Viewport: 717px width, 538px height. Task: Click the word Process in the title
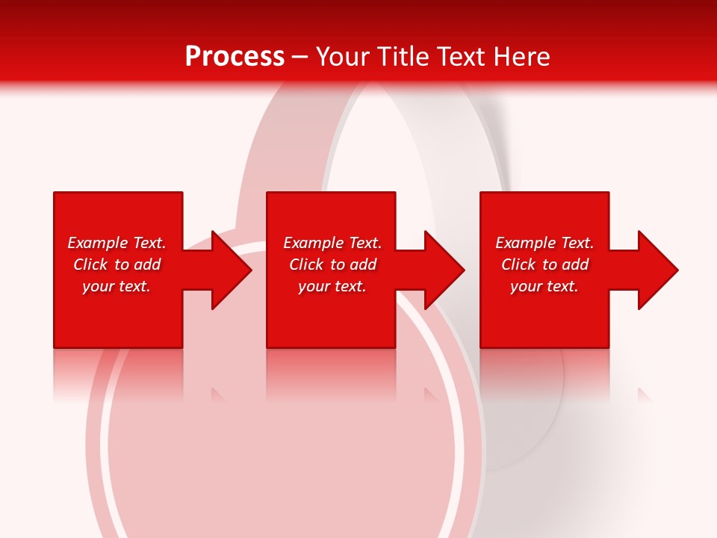click(235, 57)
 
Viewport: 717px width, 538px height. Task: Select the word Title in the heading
click(403, 57)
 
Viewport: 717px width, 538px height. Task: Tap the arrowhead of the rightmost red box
click(657, 270)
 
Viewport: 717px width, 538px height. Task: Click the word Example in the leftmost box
click(97, 243)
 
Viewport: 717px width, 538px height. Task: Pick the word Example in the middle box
click(313, 243)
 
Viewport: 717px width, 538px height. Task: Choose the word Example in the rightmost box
click(525, 243)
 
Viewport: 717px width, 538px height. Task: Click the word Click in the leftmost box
click(90, 265)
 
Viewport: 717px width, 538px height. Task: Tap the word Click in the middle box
click(306, 265)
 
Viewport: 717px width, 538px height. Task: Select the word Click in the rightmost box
click(518, 265)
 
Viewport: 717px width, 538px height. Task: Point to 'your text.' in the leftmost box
click(117, 286)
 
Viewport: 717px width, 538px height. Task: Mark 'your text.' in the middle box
click(332, 286)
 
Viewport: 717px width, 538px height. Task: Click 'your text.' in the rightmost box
click(544, 286)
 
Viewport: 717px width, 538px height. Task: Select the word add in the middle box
click(363, 265)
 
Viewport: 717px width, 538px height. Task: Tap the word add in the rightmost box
click(575, 265)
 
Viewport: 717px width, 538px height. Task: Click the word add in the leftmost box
click(147, 265)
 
